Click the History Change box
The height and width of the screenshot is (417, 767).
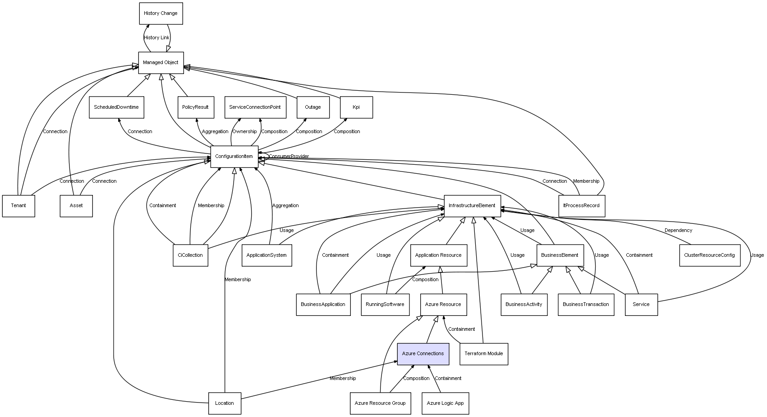161,14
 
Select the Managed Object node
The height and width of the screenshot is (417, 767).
161,63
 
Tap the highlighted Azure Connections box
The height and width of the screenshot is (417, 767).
423,354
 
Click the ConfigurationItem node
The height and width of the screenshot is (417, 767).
234,157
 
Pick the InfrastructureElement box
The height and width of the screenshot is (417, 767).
472,206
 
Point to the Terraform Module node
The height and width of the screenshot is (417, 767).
484,354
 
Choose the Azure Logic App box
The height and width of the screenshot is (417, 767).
445,403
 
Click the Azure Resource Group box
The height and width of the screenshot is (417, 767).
380,403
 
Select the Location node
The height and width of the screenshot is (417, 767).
225,403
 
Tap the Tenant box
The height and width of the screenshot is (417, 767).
18,206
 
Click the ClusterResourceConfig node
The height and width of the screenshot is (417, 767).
709,255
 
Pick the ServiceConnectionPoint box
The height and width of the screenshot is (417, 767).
255,107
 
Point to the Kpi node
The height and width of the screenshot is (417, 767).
356,107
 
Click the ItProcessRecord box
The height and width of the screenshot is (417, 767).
581,206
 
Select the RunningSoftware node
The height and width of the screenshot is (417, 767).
385,305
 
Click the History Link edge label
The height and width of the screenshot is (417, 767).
156,38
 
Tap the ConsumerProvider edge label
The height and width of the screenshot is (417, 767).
289,157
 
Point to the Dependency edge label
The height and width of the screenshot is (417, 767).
678,231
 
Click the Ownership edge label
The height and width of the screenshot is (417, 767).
244,132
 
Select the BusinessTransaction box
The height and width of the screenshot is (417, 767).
586,305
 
